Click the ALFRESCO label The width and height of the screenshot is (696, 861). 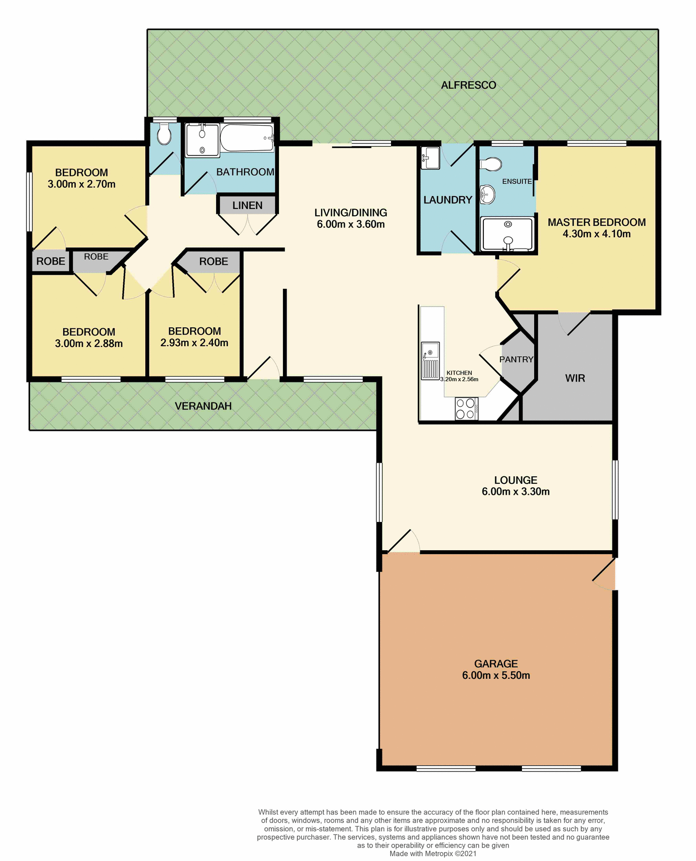[x=468, y=85]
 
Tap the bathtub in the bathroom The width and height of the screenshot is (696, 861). [x=247, y=138]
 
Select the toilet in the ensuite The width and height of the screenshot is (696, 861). [x=491, y=164]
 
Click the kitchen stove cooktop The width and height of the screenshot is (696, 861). [x=466, y=409]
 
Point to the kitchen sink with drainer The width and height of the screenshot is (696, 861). [x=430, y=361]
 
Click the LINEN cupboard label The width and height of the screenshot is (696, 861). [x=247, y=205]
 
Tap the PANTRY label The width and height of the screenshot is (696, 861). [x=516, y=359]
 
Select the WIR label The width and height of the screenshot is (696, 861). [x=575, y=378]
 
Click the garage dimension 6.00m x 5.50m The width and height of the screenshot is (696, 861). [x=496, y=675]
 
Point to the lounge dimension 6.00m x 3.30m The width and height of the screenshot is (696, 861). [x=516, y=491]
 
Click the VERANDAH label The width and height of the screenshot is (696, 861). [x=203, y=406]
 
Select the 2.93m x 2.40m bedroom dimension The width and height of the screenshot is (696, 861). [x=194, y=343]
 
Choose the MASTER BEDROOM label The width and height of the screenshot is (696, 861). [x=596, y=222]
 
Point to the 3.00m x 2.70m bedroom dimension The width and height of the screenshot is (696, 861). [x=82, y=184]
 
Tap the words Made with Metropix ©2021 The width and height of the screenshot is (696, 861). [x=433, y=853]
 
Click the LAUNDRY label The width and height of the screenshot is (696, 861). [x=448, y=200]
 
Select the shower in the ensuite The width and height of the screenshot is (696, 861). [x=507, y=234]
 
